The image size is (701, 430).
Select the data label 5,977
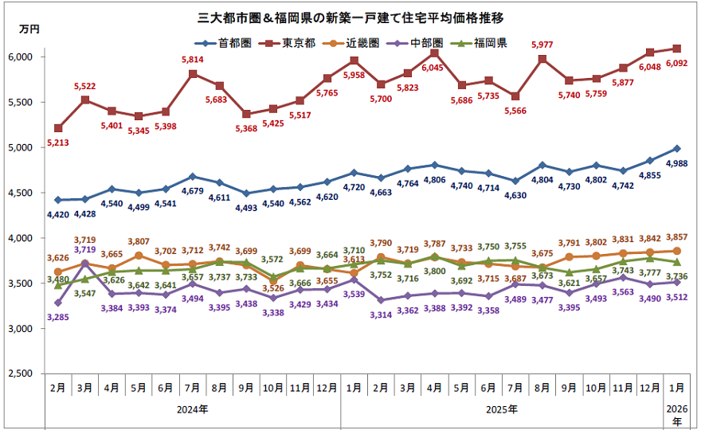tap(542, 45)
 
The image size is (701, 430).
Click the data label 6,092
tap(676, 64)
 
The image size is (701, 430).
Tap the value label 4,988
tap(676, 163)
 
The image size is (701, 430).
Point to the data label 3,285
tap(57, 318)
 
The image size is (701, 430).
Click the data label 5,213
tap(57, 143)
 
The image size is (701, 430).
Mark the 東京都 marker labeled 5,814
tap(193, 74)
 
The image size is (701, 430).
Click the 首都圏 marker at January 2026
tap(676, 148)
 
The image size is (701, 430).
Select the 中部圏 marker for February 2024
tap(57, 303)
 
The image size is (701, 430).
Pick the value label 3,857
tap(676, 238)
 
